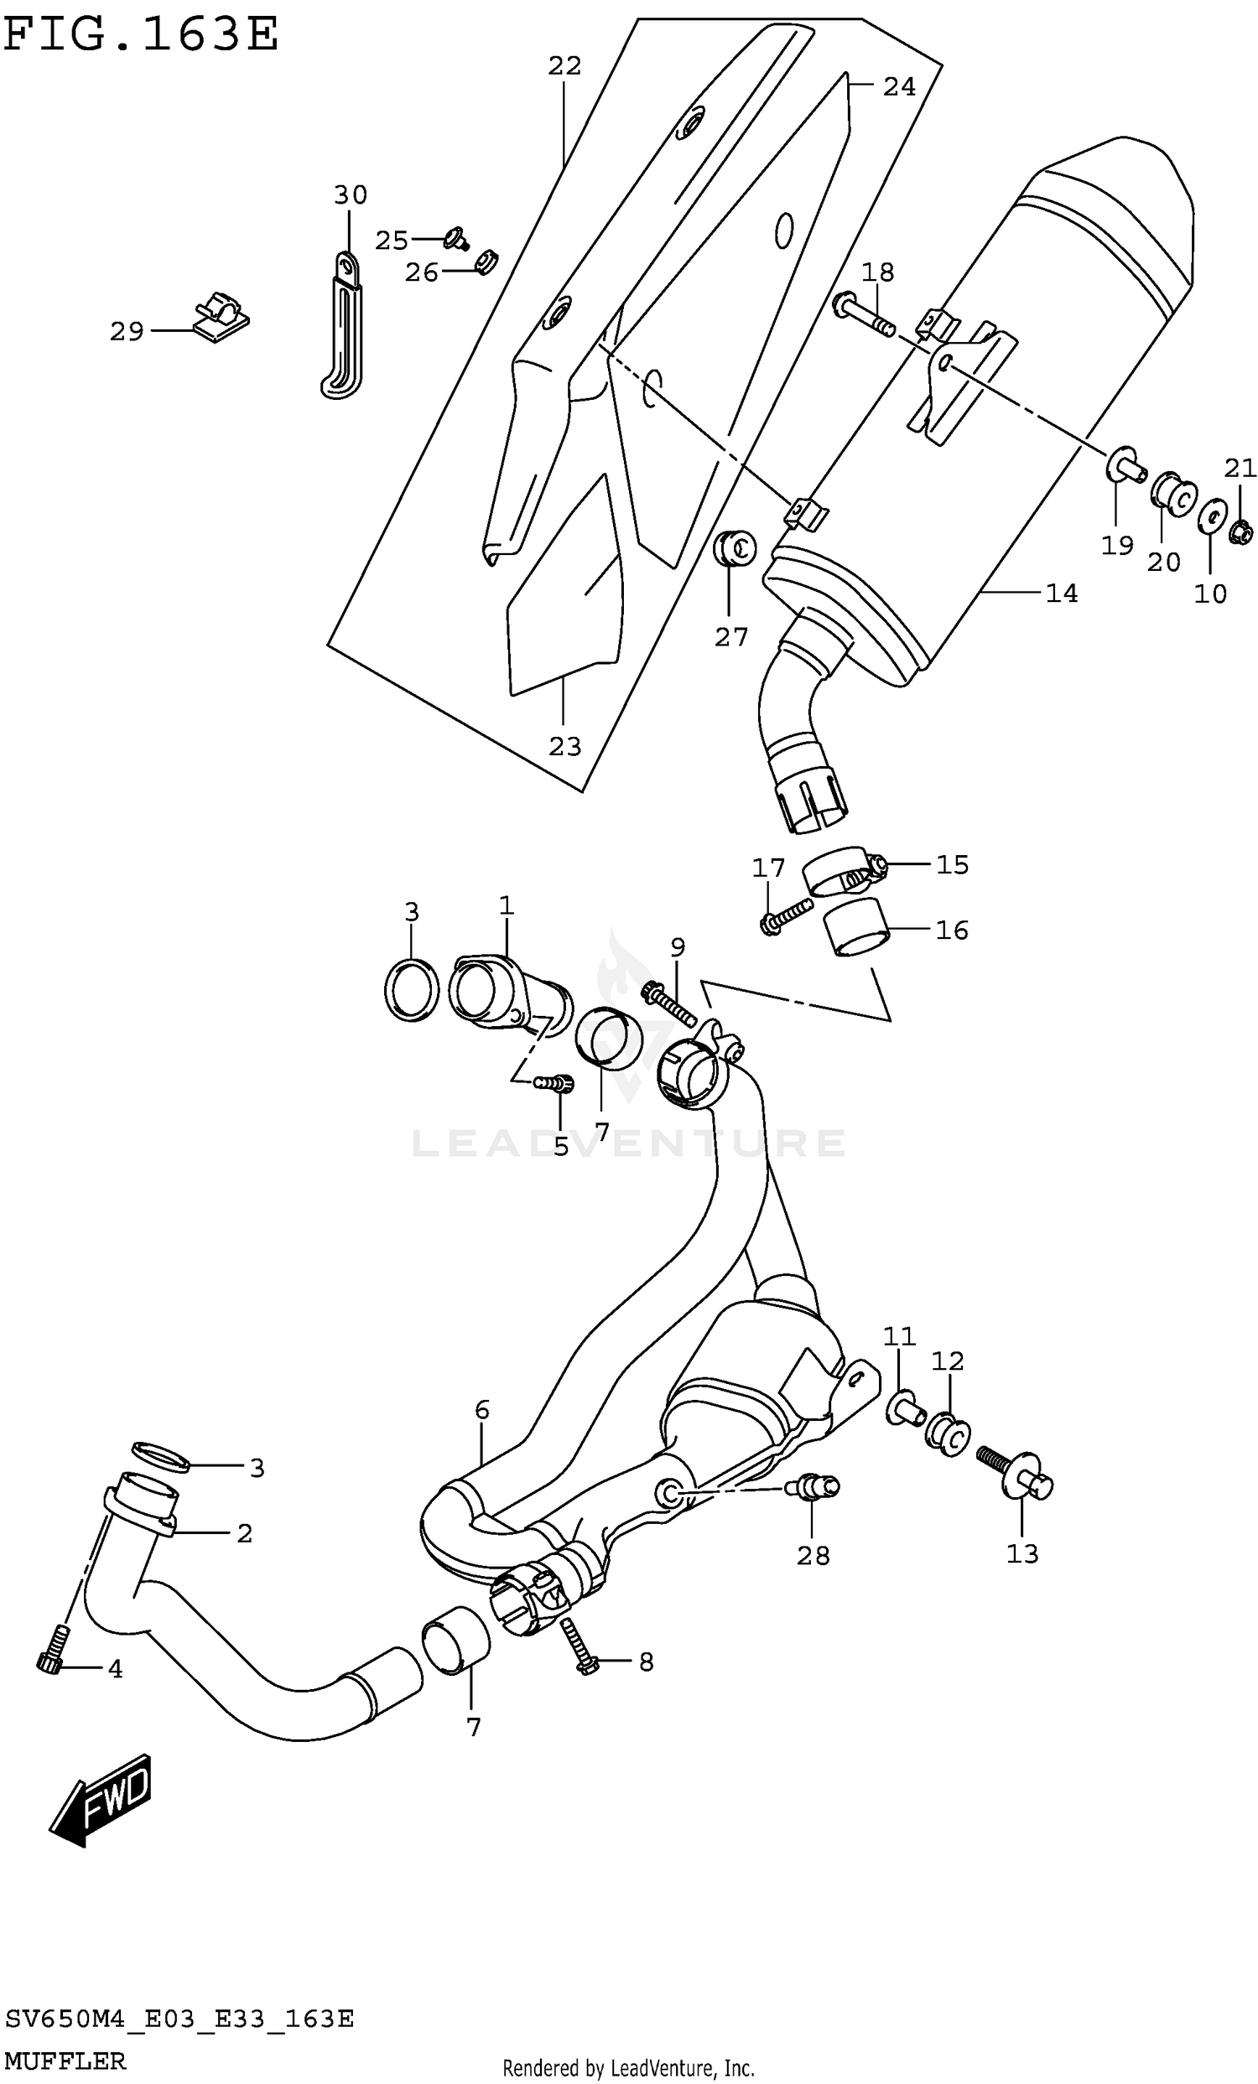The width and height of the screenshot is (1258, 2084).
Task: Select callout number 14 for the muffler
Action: coord(1061,594)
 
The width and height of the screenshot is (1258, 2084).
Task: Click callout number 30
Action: coord(351,195)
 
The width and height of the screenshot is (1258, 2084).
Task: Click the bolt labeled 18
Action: coord(863,316)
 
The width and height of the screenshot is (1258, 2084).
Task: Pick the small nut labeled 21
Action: coord(1240,531)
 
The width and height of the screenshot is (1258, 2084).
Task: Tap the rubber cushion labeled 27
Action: coord(734,550)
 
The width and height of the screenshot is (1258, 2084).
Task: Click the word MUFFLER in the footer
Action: coord(65,2062)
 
